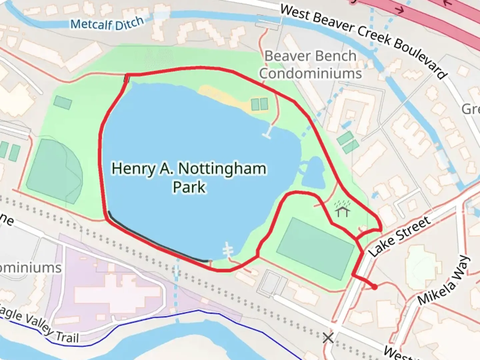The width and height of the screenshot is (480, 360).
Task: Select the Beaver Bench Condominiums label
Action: pos(310,65)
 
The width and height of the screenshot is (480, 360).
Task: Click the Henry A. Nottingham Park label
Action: pos(189,177)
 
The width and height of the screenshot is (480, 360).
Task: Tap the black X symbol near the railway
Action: pos(328,338)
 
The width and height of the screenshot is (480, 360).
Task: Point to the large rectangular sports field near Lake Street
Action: pos(315,248)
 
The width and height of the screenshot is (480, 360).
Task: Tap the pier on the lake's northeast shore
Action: pos(267,132)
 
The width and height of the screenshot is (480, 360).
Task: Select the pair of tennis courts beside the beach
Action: pos(260,104)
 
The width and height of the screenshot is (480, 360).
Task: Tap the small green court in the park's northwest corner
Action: pos(62,102)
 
